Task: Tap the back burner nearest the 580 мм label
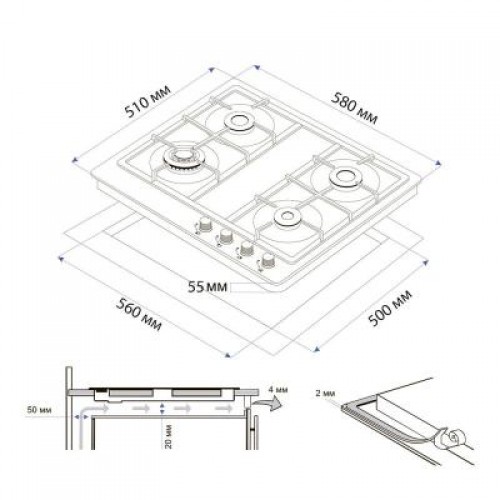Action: point(239,123)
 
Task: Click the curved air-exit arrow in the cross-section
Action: point(268,402)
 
